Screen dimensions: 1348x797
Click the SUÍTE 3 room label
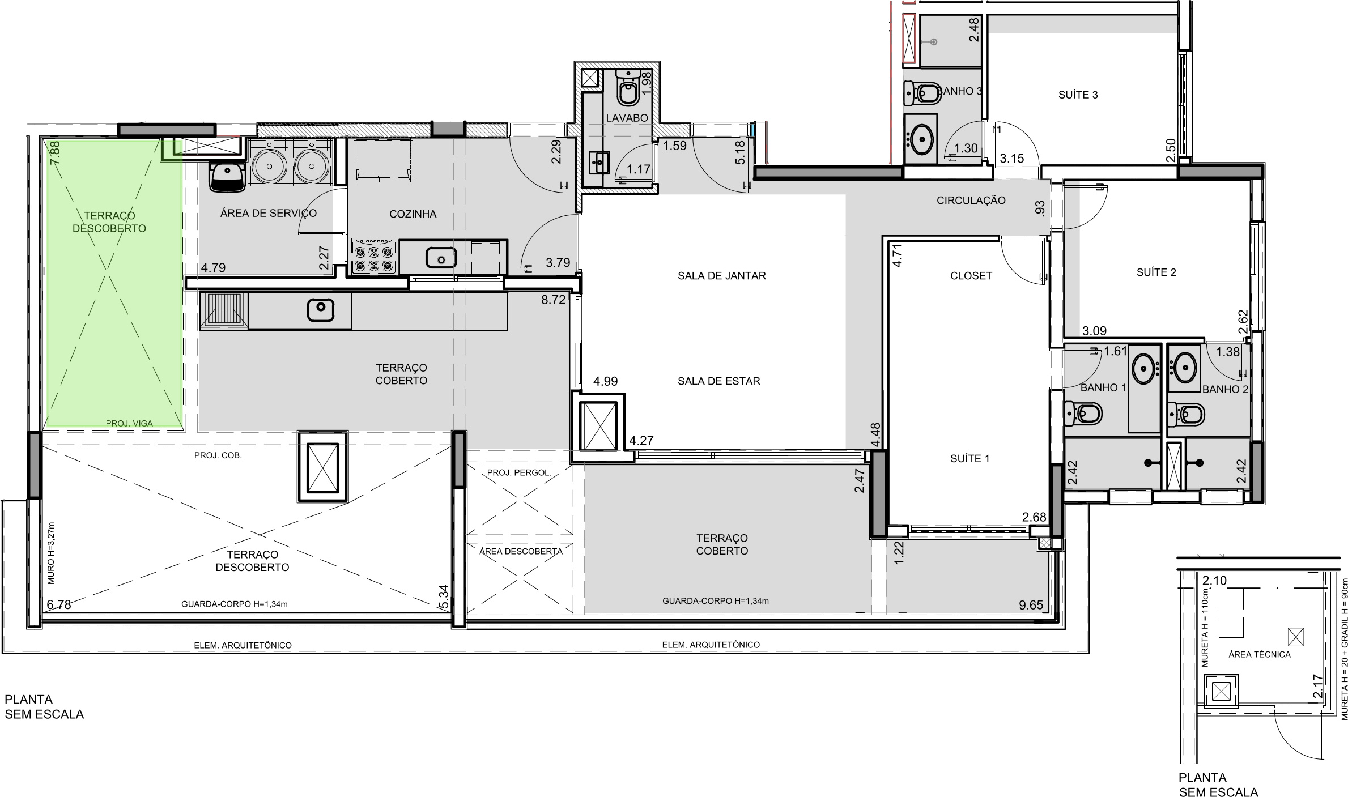click(1078, 95)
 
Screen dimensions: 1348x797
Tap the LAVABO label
click(627, 118)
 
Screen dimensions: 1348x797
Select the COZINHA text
click(413, 214)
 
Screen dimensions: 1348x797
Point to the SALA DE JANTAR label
click(722, 276)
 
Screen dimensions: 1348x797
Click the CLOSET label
click(971, 276)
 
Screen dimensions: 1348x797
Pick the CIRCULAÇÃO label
click(971, 201)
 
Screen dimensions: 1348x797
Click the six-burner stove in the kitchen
click(373, 257)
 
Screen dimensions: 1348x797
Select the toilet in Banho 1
click(1083, 413)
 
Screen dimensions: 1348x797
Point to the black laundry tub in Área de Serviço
click(227, 177)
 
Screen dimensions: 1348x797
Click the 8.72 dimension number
click(553, 300)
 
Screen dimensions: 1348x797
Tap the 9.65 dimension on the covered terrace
click(1031, 605)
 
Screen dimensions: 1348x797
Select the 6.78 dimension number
click(59, 605)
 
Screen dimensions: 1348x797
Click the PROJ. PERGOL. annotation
click(519, 472)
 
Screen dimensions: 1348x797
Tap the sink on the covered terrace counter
click(320, 309)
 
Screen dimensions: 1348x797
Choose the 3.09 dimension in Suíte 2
click(1094, 331)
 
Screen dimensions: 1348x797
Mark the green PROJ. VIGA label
click(129, 423)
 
